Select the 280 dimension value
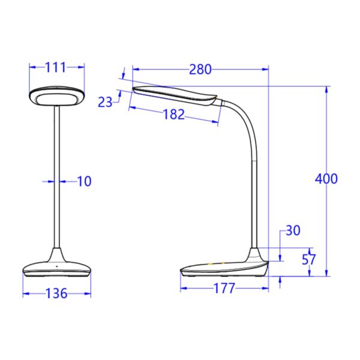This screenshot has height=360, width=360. click(x=200, y=70)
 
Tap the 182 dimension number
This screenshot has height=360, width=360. click(x=173, y=115)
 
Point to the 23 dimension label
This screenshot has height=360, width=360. click(x=105, y=103)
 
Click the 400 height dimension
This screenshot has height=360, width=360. click(x=326, y=178)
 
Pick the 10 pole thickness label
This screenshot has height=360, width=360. click(x=85, y=181)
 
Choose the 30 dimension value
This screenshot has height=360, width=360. click(x=293, y=231)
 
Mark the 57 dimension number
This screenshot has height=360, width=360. click(x=309, y=260)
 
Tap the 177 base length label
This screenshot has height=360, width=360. click(x=224, y=289)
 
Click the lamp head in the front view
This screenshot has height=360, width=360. click(x=57, y=96)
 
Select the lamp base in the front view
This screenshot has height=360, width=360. click(x=57, y=269)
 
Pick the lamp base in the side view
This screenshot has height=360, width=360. click(x=225, y=268)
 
